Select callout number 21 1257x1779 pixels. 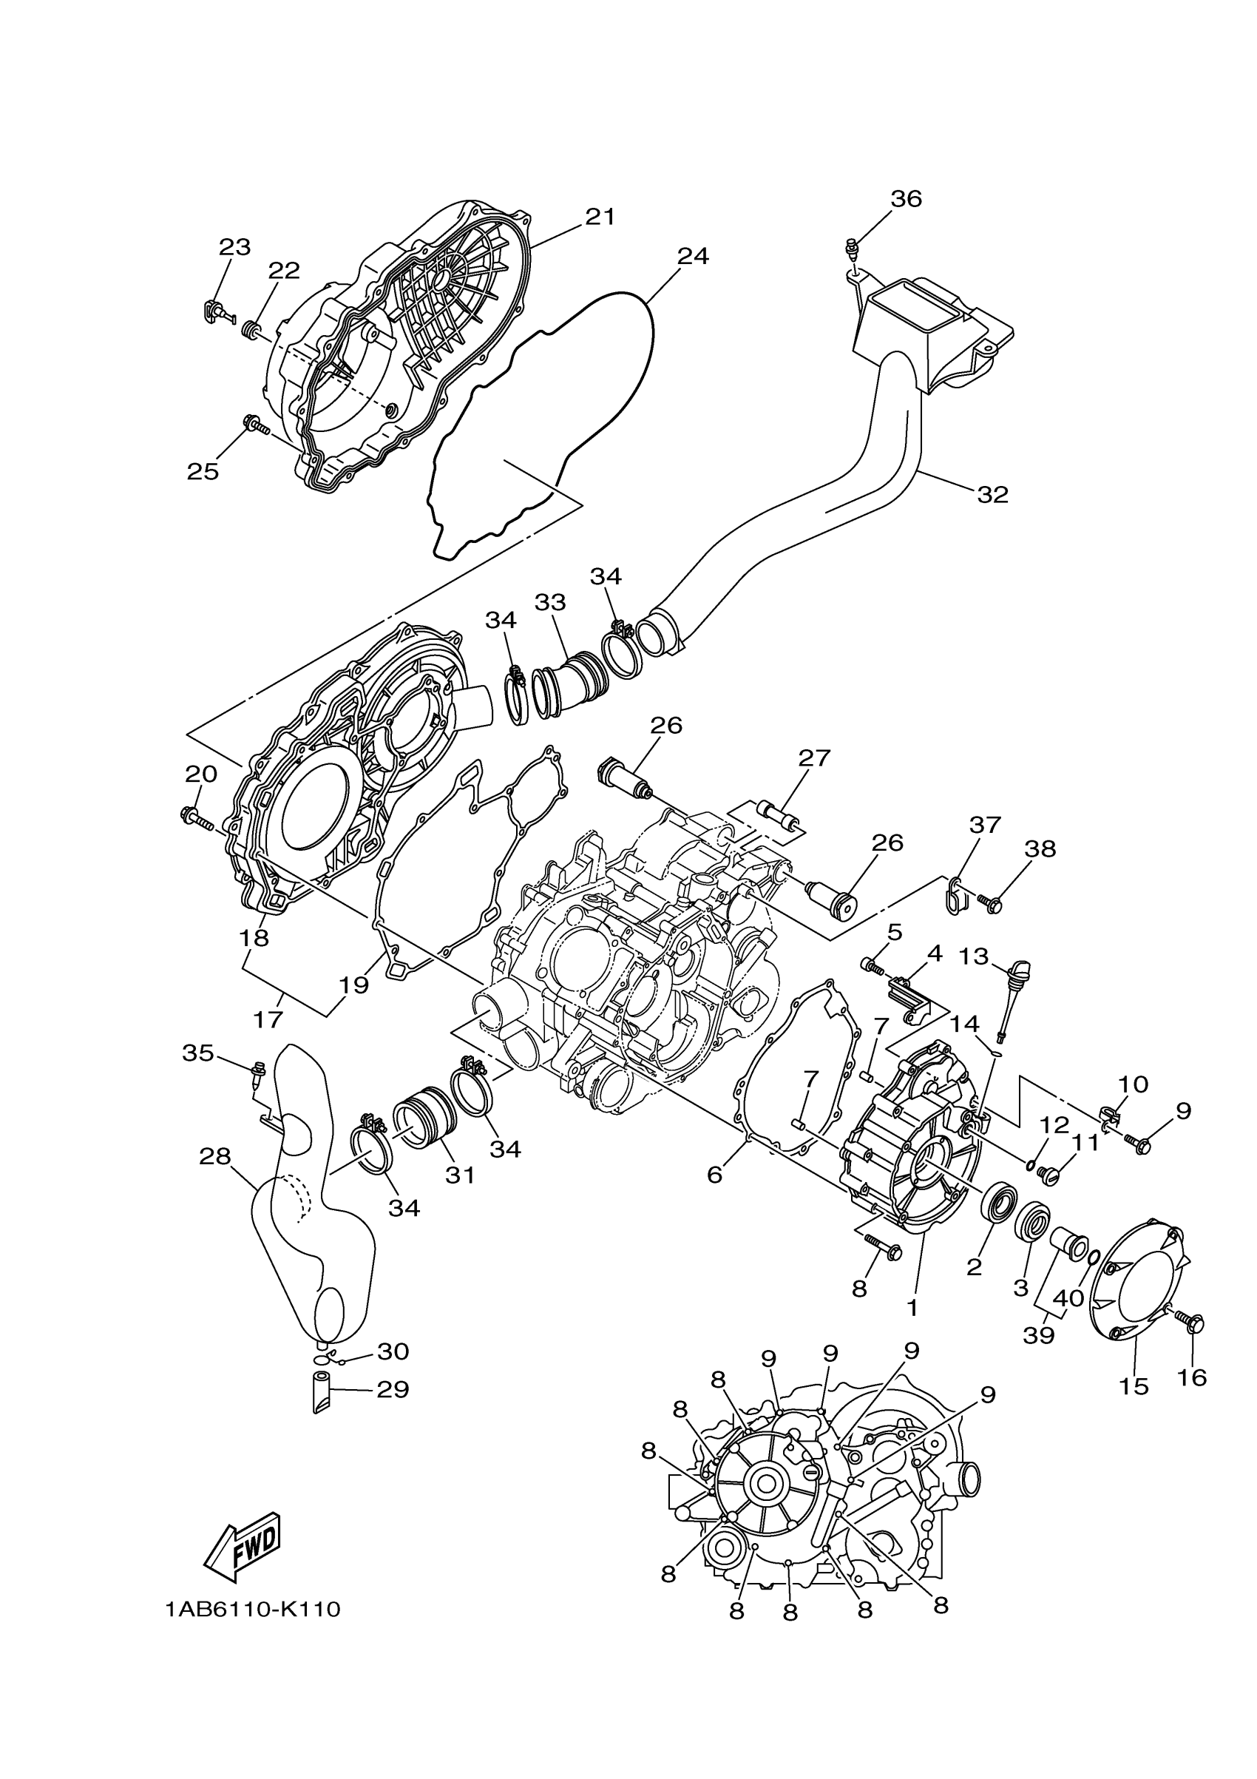(600, 217)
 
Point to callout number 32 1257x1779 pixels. (992, 494)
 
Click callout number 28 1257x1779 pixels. (214, 1157)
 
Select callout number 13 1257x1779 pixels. (974, 956)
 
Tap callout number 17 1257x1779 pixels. (268, 1019)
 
